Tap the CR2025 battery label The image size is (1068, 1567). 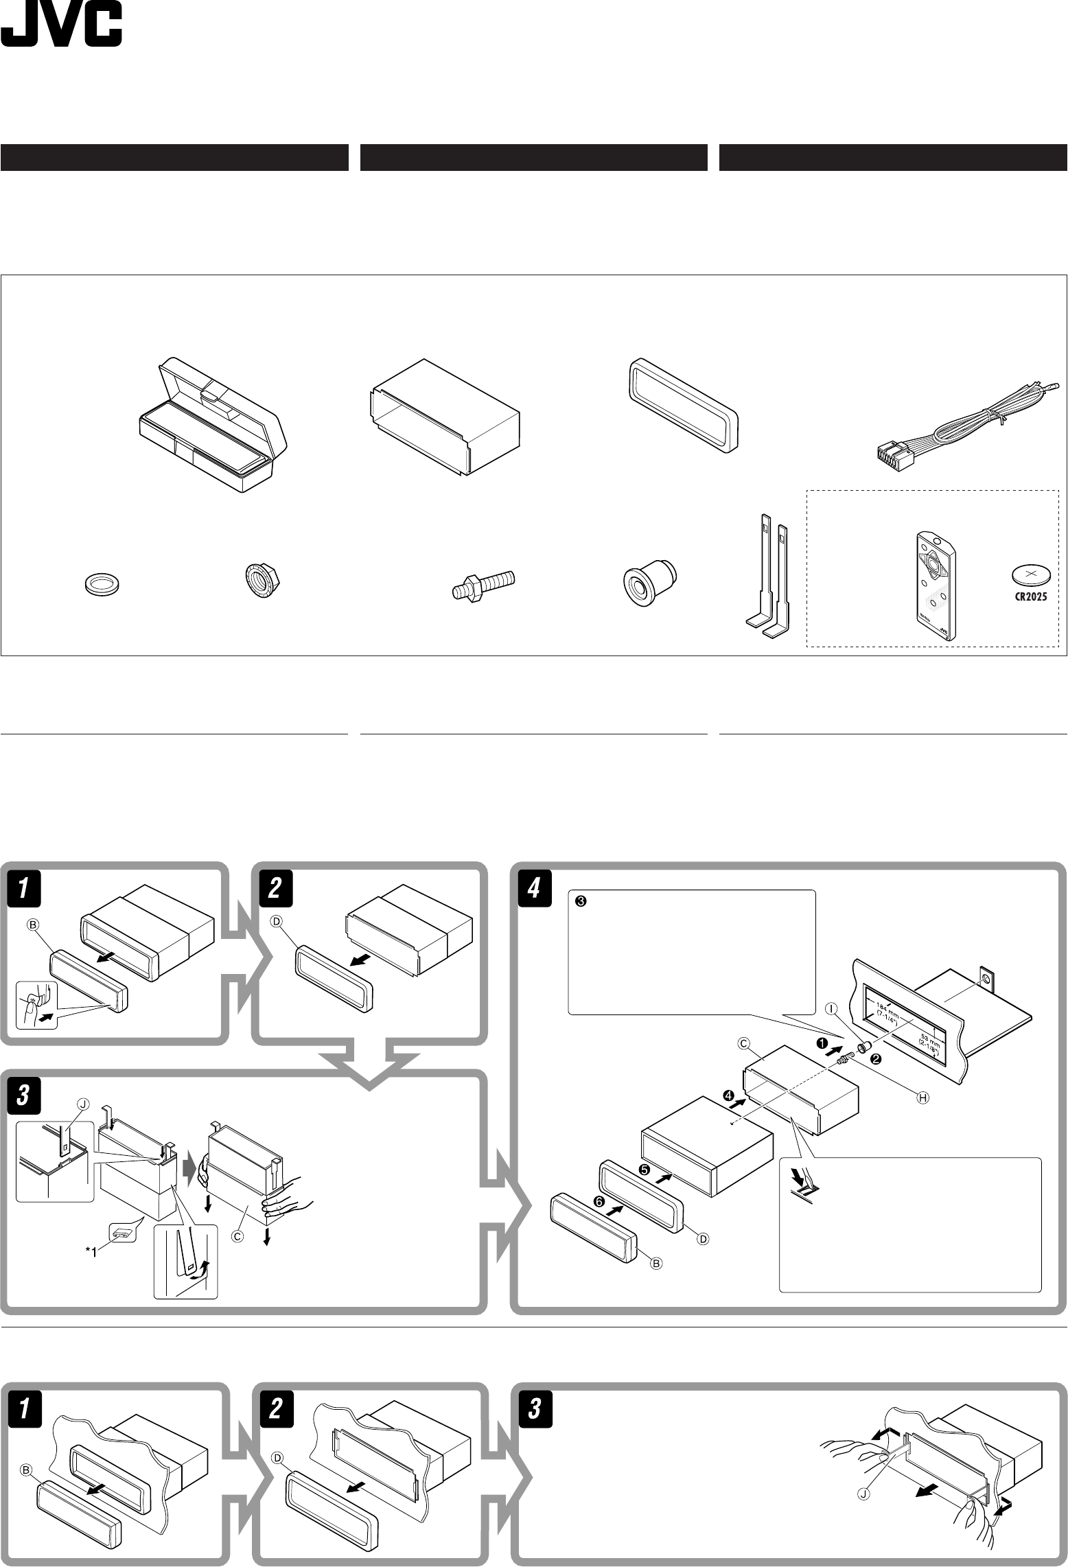click(x=1031, y=596)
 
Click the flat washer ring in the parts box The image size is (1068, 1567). click(x=99, y=583)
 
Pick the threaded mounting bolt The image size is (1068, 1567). click(x=485, y=585)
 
